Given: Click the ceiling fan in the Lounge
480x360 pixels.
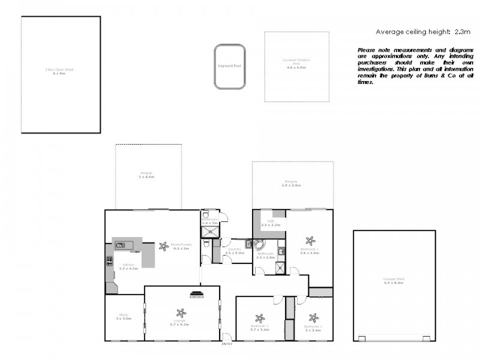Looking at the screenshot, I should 181,313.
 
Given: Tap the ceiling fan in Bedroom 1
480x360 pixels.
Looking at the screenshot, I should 310,241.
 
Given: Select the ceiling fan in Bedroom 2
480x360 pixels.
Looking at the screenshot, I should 259,319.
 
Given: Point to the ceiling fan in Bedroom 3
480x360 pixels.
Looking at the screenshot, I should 312,318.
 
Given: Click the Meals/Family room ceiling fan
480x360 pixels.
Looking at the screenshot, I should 164,246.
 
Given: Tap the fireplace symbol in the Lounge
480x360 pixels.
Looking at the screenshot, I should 196,294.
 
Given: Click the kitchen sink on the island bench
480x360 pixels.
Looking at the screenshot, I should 121,245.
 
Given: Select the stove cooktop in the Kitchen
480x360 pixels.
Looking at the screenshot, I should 109,261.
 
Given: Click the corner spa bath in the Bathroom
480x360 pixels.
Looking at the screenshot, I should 259,245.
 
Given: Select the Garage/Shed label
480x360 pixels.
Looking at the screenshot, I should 394,280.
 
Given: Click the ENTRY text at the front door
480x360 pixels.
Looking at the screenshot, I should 226,344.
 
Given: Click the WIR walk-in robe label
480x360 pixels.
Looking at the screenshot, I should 271,221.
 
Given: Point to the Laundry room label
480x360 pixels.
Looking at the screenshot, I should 234,249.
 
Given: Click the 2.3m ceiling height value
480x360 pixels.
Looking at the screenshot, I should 462,31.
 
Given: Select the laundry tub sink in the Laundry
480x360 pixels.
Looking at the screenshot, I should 248,244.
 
